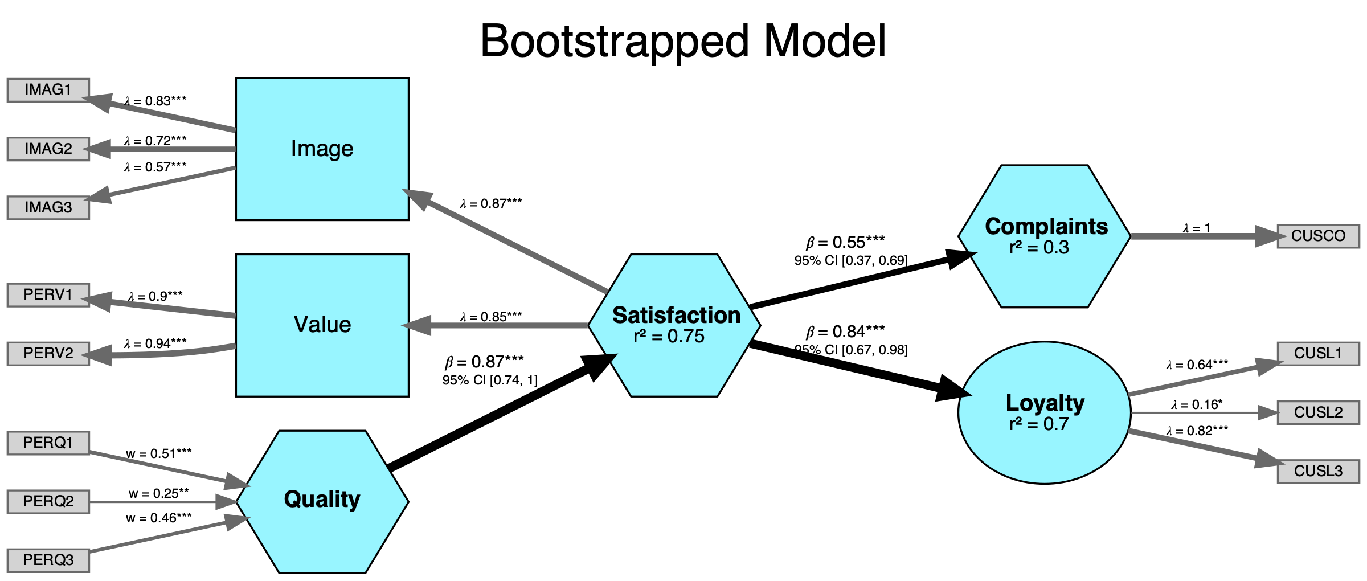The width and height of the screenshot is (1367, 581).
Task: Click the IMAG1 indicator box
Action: (48, 90)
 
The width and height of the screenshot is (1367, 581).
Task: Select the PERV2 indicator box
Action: (48, 354)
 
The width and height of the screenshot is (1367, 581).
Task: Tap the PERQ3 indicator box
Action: (48, 560)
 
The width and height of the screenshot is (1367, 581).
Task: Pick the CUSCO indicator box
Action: (1318, 236)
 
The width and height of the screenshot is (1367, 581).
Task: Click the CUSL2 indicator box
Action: (1318, 412)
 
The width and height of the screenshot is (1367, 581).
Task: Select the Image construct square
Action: (322, 149)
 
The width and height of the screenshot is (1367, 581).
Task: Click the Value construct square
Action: (322, 325)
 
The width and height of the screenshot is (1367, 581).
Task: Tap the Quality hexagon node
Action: (322, 501)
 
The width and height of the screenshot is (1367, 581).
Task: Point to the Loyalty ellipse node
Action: (1045, 413)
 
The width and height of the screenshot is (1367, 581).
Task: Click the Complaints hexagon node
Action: (1045, 236)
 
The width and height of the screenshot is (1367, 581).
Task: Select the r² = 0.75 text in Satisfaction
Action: (669, 337)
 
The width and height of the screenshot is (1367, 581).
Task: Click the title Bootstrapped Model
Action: (683, 41)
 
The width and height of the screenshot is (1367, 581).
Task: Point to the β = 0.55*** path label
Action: (845, 243)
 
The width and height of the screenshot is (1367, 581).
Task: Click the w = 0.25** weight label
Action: (158, 493)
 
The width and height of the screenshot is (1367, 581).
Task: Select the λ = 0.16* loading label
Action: (1197, 405)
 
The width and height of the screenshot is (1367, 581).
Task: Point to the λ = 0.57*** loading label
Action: (155, 167)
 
